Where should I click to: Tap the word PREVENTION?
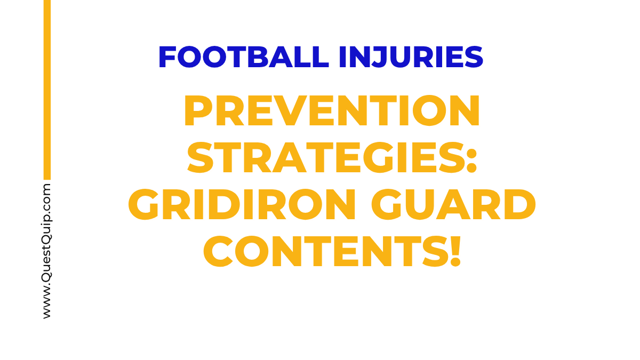pyautogui.click(x=332, y=112)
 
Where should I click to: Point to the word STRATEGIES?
pyautogui.click(x=325, y=158)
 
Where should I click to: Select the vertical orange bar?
pyautogui.click(x=47, y=90)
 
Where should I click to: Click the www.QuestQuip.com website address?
pyautogui.click(x=47, y=251)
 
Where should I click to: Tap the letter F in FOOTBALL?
pyautogui.click(x=166, y=58)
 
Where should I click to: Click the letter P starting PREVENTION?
pyautogui.click(x=197, y=112)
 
